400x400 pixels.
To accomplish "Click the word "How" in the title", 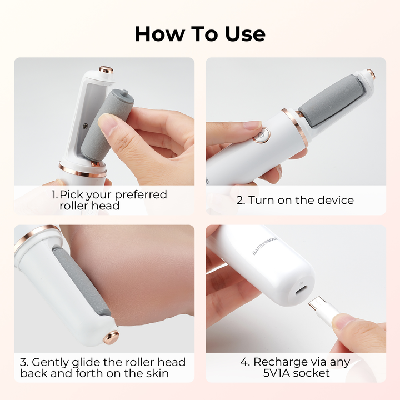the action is coord(159,34).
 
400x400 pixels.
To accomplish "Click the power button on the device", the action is coord(262,134).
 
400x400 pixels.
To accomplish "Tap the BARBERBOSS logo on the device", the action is coord(264,246).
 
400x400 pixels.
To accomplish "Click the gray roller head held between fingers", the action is coord(107,125).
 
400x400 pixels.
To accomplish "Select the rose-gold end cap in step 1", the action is coord(106,69).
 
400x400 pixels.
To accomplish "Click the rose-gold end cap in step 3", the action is coord(111,337).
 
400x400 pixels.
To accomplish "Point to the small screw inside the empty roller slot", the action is coord(86,126).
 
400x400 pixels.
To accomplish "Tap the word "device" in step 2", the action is coord(336,200).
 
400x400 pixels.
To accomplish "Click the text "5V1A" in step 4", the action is coord(277,373).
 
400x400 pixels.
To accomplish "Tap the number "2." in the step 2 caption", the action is coord(241,200).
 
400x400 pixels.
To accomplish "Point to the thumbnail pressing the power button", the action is coord(252,125).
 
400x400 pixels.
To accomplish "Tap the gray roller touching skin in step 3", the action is coord(82,281).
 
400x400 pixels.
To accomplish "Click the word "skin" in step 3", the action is coord(157,373).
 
